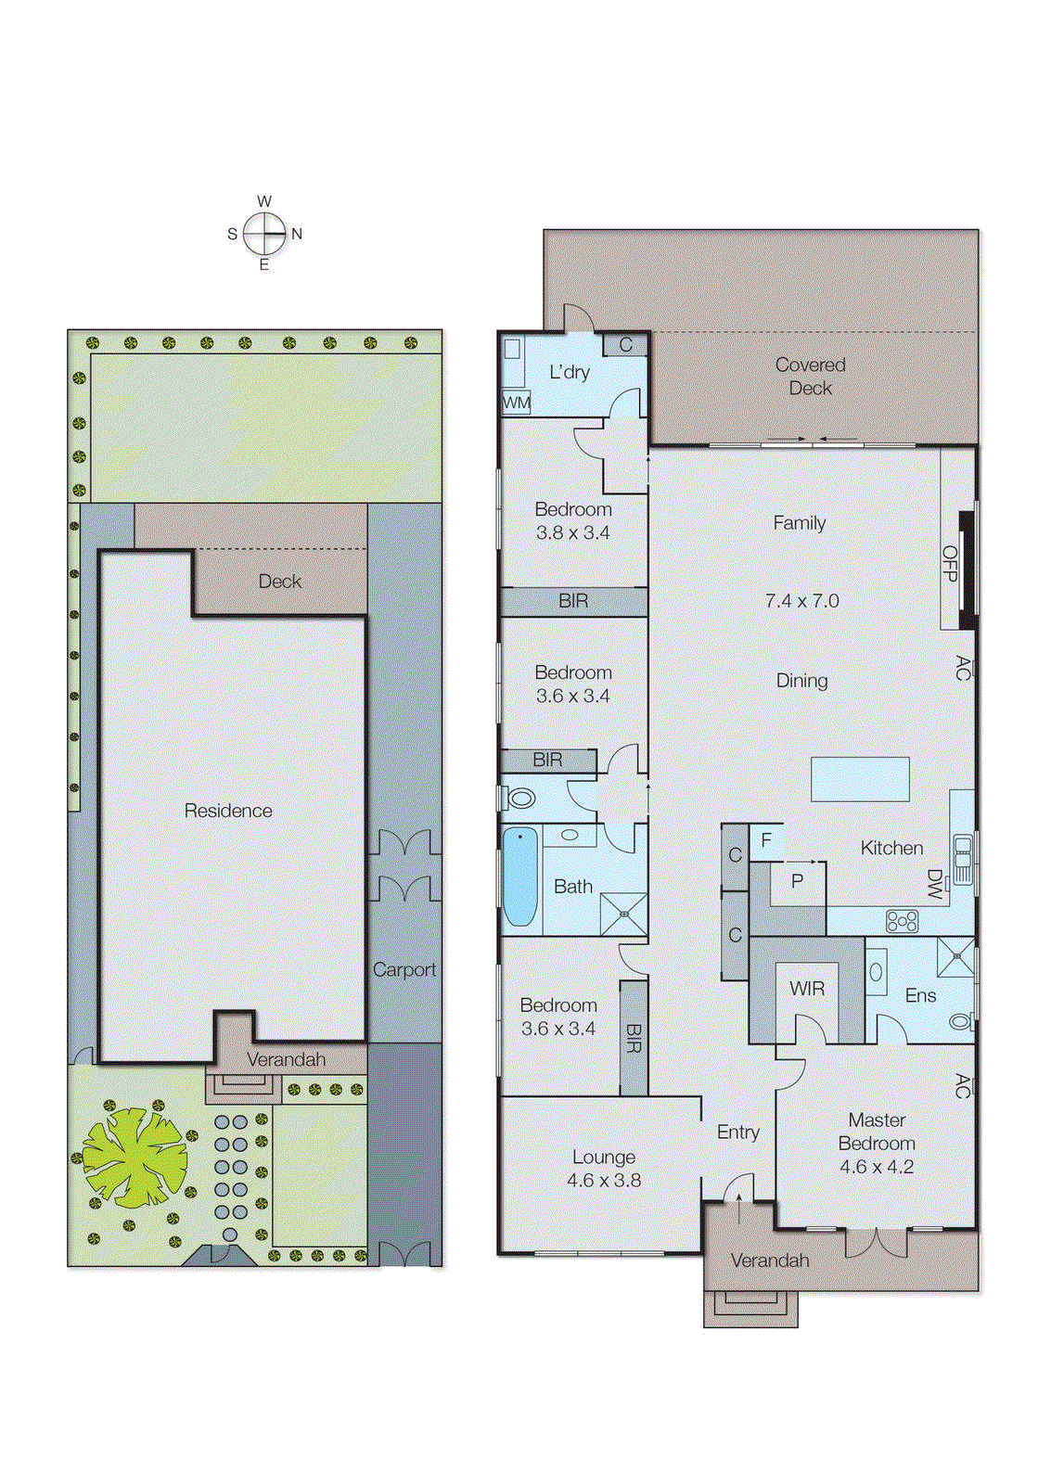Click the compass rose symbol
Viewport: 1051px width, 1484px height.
click(264, 234)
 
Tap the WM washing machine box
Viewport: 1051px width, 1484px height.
click(517, 403)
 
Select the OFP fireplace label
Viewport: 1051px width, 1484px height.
click(949, 564)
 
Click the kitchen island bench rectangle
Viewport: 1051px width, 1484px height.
click(860, 779)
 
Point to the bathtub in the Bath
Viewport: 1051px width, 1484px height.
click(520, 876)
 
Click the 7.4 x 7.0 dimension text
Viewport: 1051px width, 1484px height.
click(801, 601)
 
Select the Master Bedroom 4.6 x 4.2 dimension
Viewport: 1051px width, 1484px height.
click(877, 1167)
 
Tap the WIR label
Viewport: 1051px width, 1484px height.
click(807, 989)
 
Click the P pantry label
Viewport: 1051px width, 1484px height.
click(797, 881)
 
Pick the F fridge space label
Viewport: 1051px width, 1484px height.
click(766, 841)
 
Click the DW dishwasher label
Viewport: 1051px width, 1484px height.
click(934, 885)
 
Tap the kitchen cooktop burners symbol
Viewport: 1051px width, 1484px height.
click(902, 921)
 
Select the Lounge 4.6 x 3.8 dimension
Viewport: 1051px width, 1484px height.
click(604, 1181)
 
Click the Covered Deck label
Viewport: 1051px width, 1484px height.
click(810, 377)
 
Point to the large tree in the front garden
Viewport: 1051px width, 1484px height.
click(135, 1158)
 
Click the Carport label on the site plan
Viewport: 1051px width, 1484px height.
click(404, 970)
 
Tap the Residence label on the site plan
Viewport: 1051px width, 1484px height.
click(228, 811)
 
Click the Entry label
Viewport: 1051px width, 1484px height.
click(738, 1132)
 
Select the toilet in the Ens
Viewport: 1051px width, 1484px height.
click(961, 1022)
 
